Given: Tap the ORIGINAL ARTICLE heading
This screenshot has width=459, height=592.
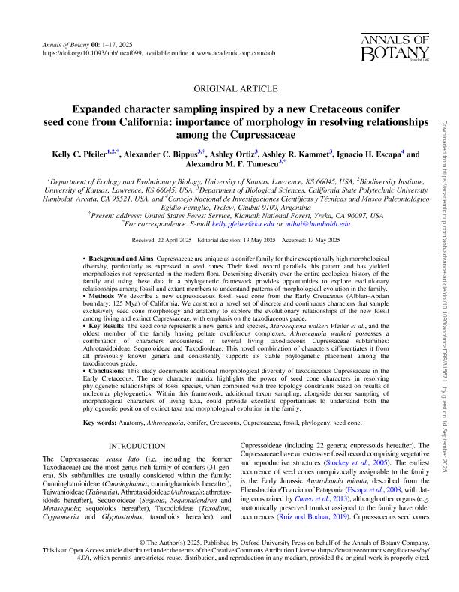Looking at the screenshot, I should [229, 88].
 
